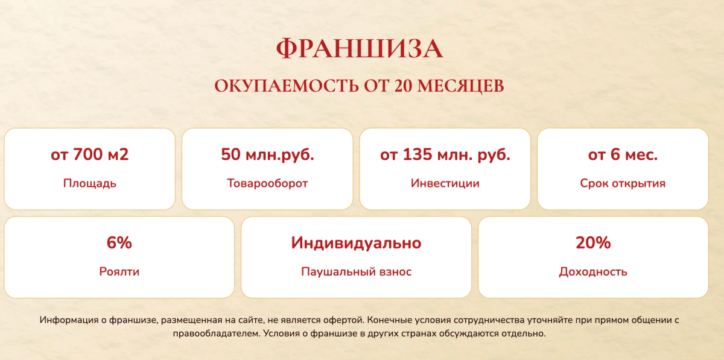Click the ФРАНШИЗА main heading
(360, 49)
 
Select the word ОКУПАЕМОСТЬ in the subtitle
(287, 86)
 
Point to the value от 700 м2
(89, 154)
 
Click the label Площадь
(89, 183)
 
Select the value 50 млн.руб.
(267, 154)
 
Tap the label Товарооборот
(267, 183)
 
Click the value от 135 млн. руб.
(445, 154)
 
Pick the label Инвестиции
(445, 183)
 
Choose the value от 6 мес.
(623, 154)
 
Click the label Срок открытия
(623, 183)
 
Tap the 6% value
(119, 242)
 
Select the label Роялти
(119, 272)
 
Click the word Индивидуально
(356, 243)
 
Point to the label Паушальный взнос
(356, 272)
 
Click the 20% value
(593, 242)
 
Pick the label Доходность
(593, 272)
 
